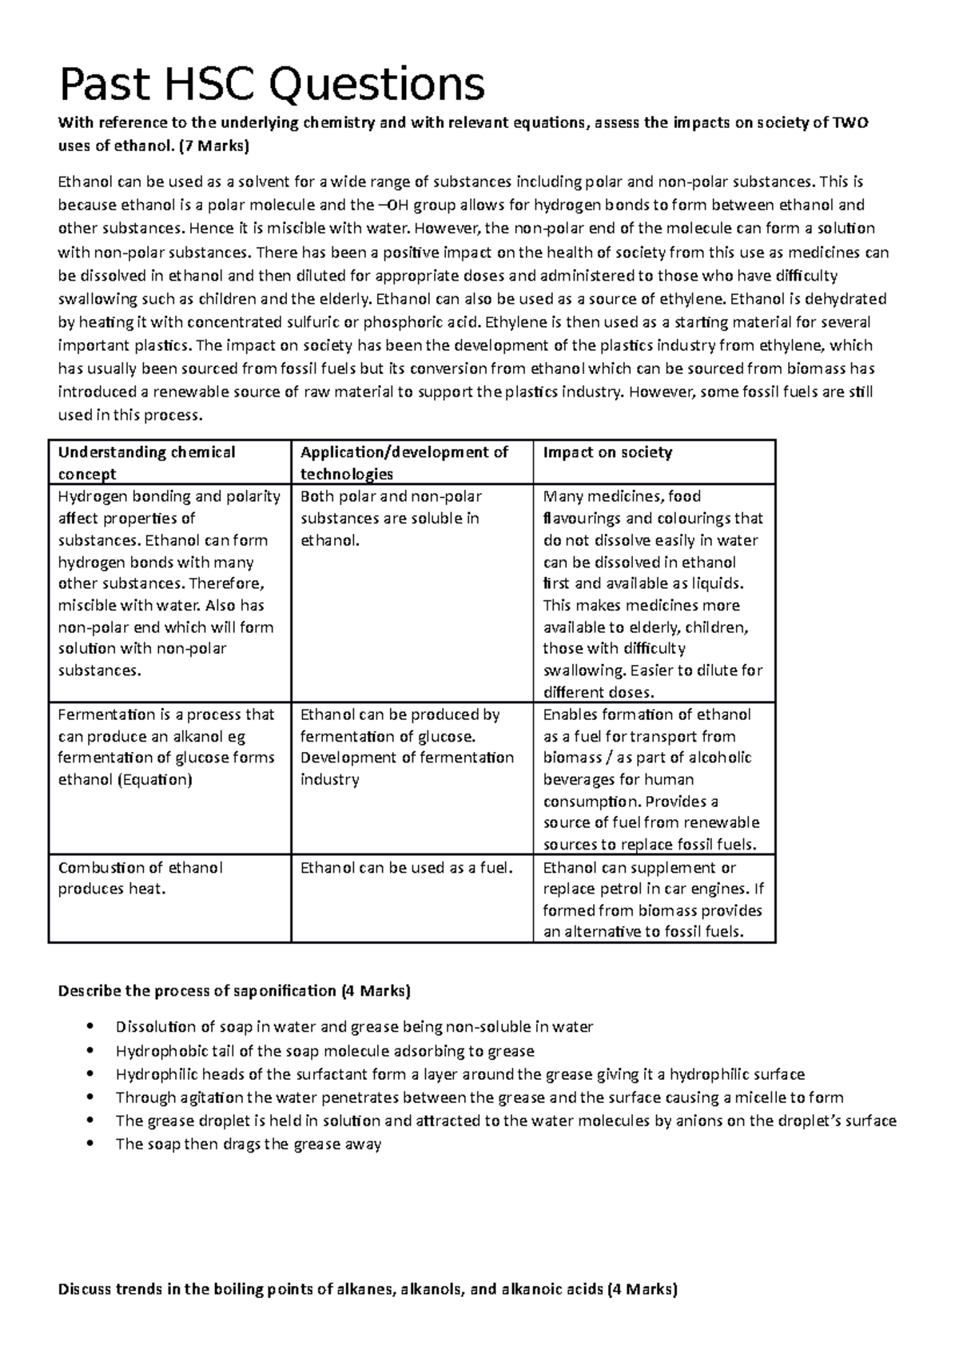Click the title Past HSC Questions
tap(272, 84)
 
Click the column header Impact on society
tap(607, 452)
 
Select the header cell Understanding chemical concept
tap(147, 463)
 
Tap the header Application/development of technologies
tap(404, 463)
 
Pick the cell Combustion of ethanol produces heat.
tap(141, 877)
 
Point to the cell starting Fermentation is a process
tap(166, 746)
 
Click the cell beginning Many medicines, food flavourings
tap(653, 594)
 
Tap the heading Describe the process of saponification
tap(234, 991)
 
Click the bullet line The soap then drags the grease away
tap(249, 1144)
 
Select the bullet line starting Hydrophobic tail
tap(324, 1051)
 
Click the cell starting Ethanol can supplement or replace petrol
tap(653, 899)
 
